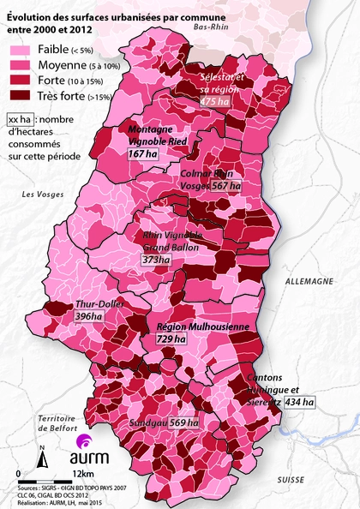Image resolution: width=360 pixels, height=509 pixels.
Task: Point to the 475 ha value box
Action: coord(214,102)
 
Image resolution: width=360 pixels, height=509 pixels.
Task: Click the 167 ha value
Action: coord(142,153)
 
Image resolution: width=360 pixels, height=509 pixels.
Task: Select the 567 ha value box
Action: coord(226,185)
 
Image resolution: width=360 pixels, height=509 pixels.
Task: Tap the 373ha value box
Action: coord(155,260)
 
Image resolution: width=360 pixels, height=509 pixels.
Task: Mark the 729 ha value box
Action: coord(170,340)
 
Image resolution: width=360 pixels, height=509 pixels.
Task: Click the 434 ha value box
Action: coord(299,401)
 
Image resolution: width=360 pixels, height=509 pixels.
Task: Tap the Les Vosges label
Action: coord(39,196)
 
